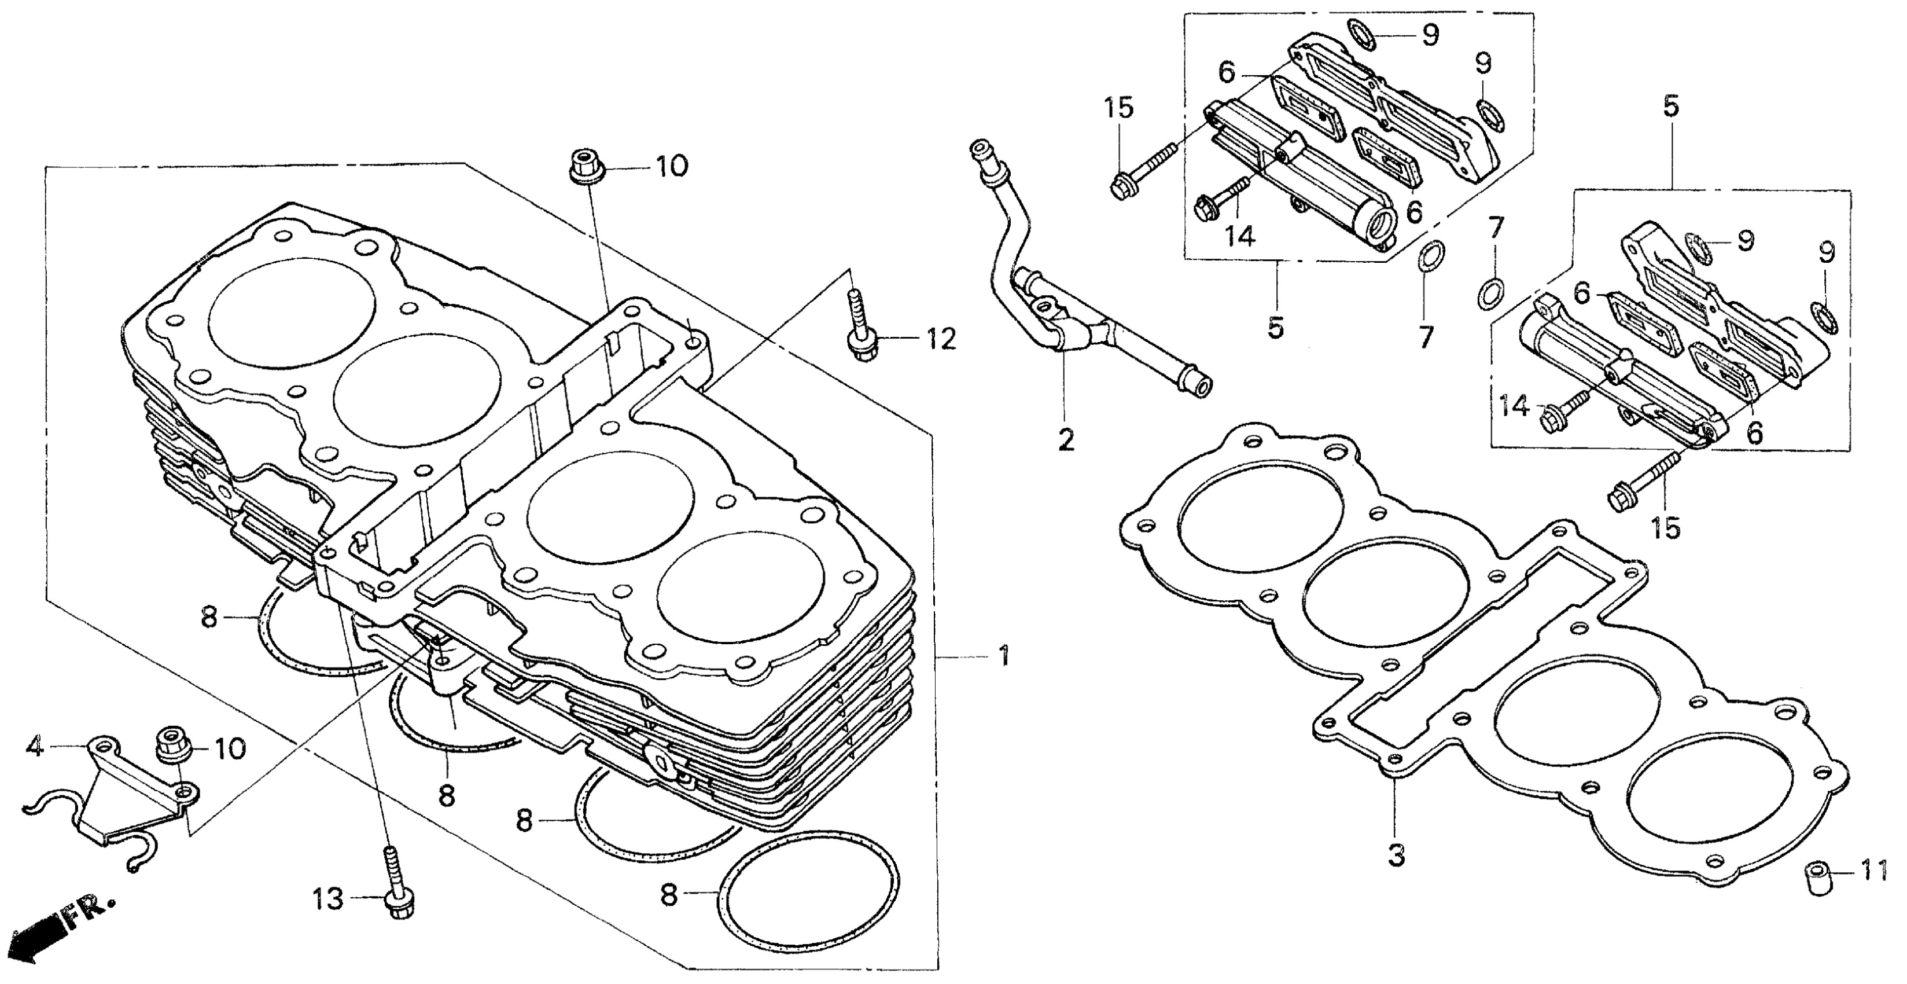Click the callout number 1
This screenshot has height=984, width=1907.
coord(1003,656)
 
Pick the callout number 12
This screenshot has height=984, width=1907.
coord(940,339)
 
